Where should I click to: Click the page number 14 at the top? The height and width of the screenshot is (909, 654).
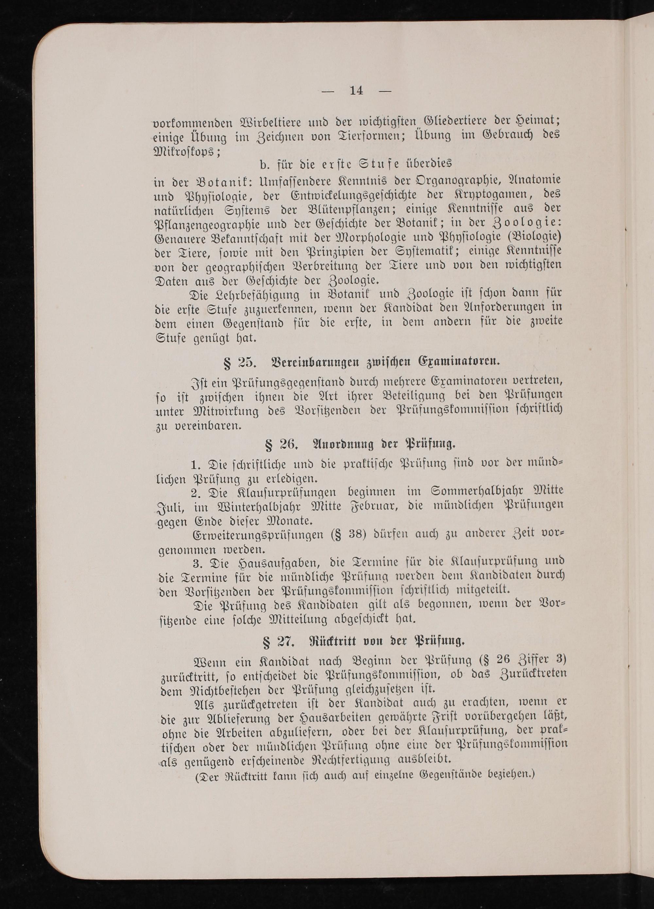pyautogui.click(x=356, y=91)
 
